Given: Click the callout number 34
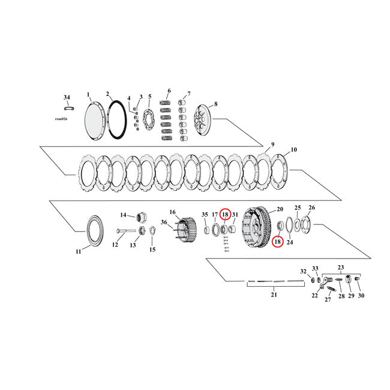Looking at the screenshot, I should click(x=67, y=97).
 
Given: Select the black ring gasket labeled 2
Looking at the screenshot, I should click(x=116, y=119).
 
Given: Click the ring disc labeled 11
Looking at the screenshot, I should click(x=93, y=228).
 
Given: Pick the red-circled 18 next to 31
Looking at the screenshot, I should click(x=225, y=214).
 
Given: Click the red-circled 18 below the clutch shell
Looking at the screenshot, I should click(x=277, y=242).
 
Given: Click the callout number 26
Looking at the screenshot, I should click(x=311, y=208).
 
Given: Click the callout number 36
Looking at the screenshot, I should click(x=164, y=222).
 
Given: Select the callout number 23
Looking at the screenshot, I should click(x=341, y=268).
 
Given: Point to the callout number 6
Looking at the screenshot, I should click(x=169, y=91).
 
